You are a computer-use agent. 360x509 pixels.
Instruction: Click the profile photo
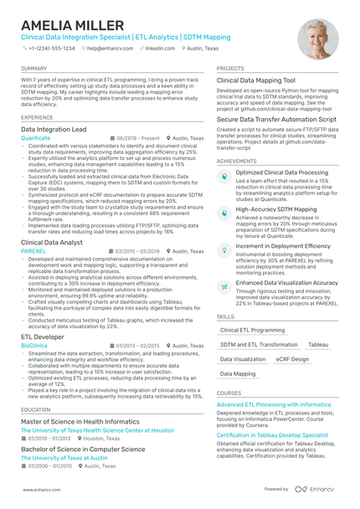click(319, 37)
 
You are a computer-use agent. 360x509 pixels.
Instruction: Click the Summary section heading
click(34, 67)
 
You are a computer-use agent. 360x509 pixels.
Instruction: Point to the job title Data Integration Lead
click(54, 130)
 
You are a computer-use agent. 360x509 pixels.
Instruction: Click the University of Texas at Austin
click(60, 458)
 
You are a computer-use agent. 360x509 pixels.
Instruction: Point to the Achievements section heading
click(237, 161)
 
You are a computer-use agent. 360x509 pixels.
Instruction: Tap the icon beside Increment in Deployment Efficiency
click(224, 249)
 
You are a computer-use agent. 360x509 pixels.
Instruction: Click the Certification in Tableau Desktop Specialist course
click(272, 435)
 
